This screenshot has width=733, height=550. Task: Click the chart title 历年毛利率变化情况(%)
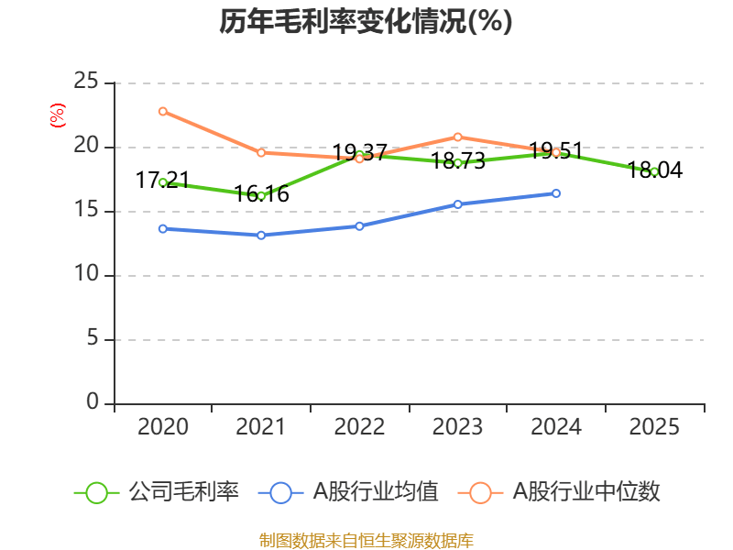(x=366, y=22)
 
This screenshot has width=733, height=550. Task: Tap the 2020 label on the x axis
(x=162, y=426)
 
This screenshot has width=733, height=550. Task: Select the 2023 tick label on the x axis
(x=457, y=426)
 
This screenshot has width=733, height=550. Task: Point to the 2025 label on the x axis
(x=654, y=426)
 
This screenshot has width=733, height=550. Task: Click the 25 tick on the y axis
(x=86, y=82)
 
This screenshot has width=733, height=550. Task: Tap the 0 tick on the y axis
(x=93, y=403)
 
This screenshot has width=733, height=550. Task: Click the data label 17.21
(x=162, y=181)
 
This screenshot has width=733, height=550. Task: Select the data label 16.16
(x=261, y=194)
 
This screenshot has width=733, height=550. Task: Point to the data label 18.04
(x=654, y=170)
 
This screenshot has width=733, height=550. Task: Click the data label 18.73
(x=457, y=160)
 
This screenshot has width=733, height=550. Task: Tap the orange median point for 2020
(x=162, y=111)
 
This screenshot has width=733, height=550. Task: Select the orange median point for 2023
(x=457, y=137)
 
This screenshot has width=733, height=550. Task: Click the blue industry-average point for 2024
(x=556, y=192)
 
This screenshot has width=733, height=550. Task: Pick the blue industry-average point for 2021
(x=261, y=235)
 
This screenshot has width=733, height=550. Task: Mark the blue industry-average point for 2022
(x=359, y=225)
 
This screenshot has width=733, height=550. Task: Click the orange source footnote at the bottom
(x=366, y=540)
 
